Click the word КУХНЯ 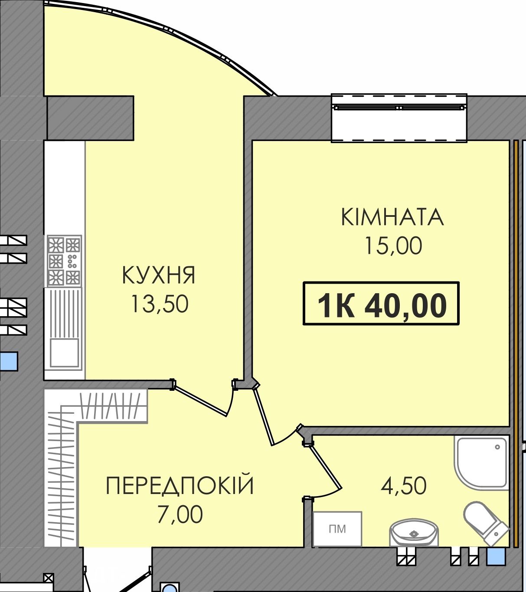point(158,275)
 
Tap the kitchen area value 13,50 point(160,304)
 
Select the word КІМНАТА point(392,217)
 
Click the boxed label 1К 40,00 point(381,303)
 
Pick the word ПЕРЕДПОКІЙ point(180,485)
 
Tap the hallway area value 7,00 point(180,514)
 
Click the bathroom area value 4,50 point(404,485)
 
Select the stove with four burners point(64,261)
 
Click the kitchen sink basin point(64,353)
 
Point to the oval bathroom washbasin point(414,533)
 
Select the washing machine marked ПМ point(337,529)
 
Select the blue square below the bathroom point(496,556)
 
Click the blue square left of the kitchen point(9,361)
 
